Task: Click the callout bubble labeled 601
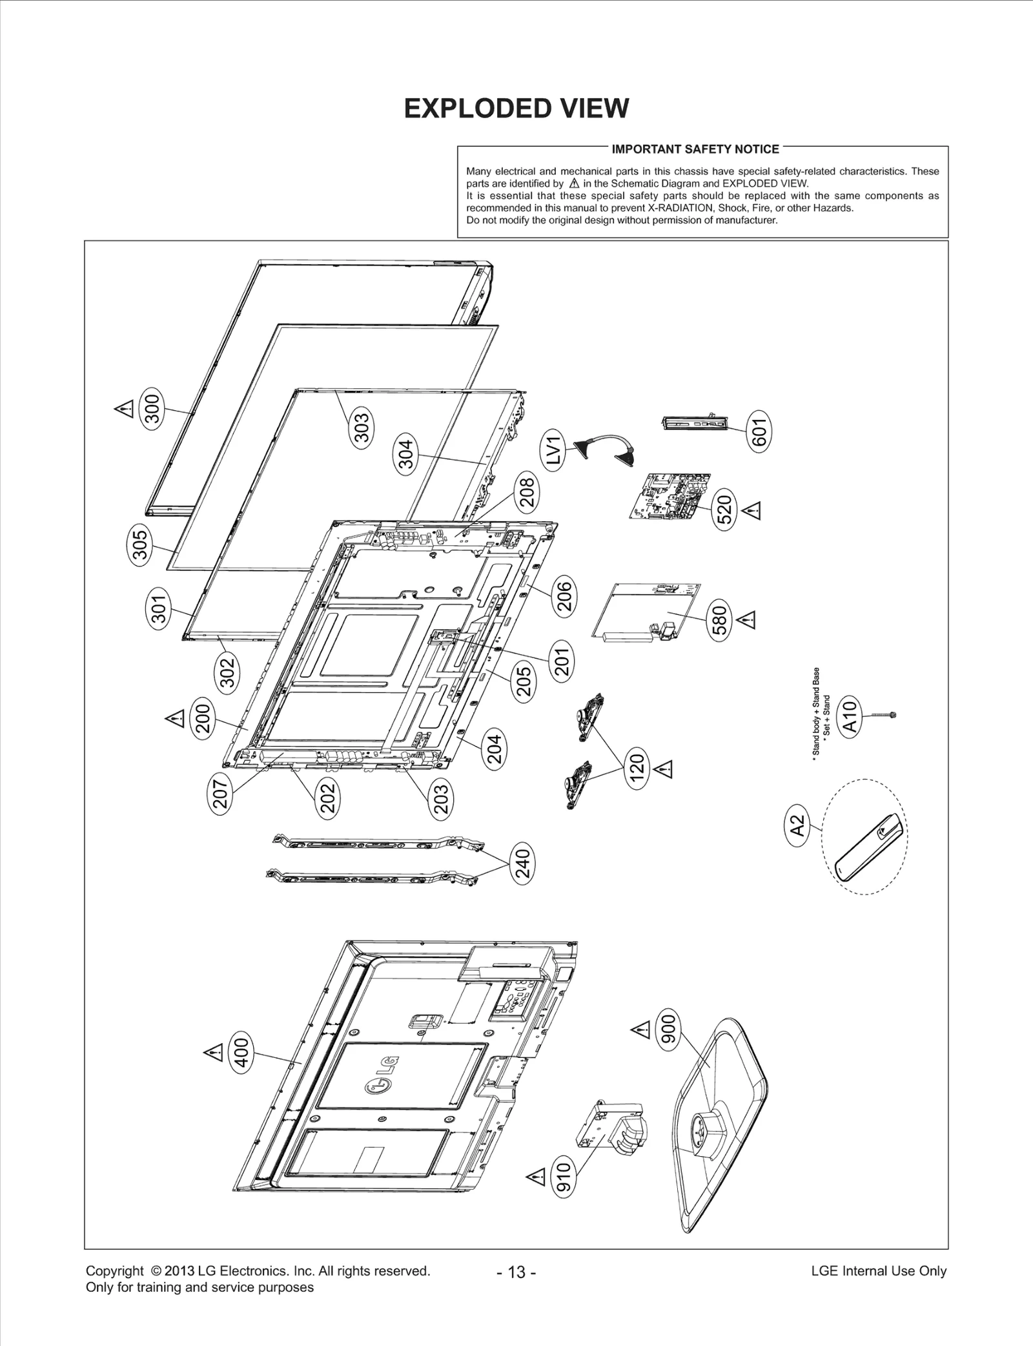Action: click(759, 432)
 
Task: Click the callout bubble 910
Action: click(564, 1177)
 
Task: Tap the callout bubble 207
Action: click(221, 793)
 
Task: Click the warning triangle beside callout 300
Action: click(123, 409)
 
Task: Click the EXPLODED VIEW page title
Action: click(516, 109)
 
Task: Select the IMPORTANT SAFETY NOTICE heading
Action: click(695, 149)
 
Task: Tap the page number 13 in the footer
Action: click(516, 1272)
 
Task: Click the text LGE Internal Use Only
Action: click(878, 1271)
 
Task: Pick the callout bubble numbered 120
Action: click(637, 769)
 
